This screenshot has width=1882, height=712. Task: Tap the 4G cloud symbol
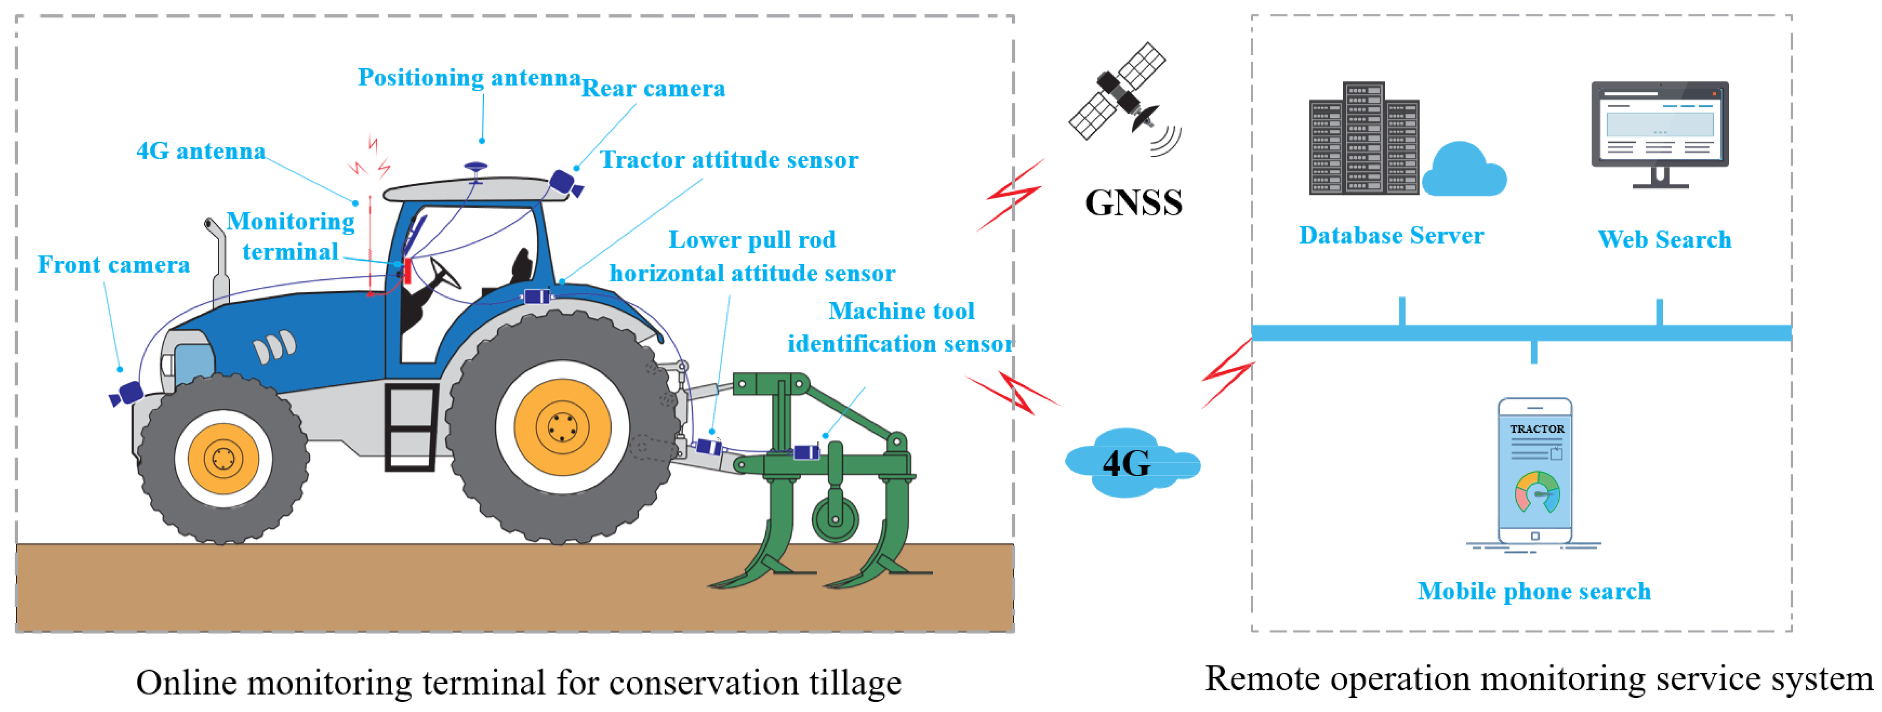(1129, 463)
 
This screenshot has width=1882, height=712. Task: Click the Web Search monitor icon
(1659, 131)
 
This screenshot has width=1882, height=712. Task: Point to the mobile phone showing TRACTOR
(1535, 471)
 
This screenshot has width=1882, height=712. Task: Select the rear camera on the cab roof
(564, 183)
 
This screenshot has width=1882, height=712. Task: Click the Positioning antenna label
(468, 77)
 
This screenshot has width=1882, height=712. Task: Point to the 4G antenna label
(201, 151)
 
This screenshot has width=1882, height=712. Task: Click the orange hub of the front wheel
(223, 459)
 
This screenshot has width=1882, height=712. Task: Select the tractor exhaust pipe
(217, 263)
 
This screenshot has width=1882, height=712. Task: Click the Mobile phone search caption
(1534, 591)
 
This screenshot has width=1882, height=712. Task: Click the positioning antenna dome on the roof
(476, 167)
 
